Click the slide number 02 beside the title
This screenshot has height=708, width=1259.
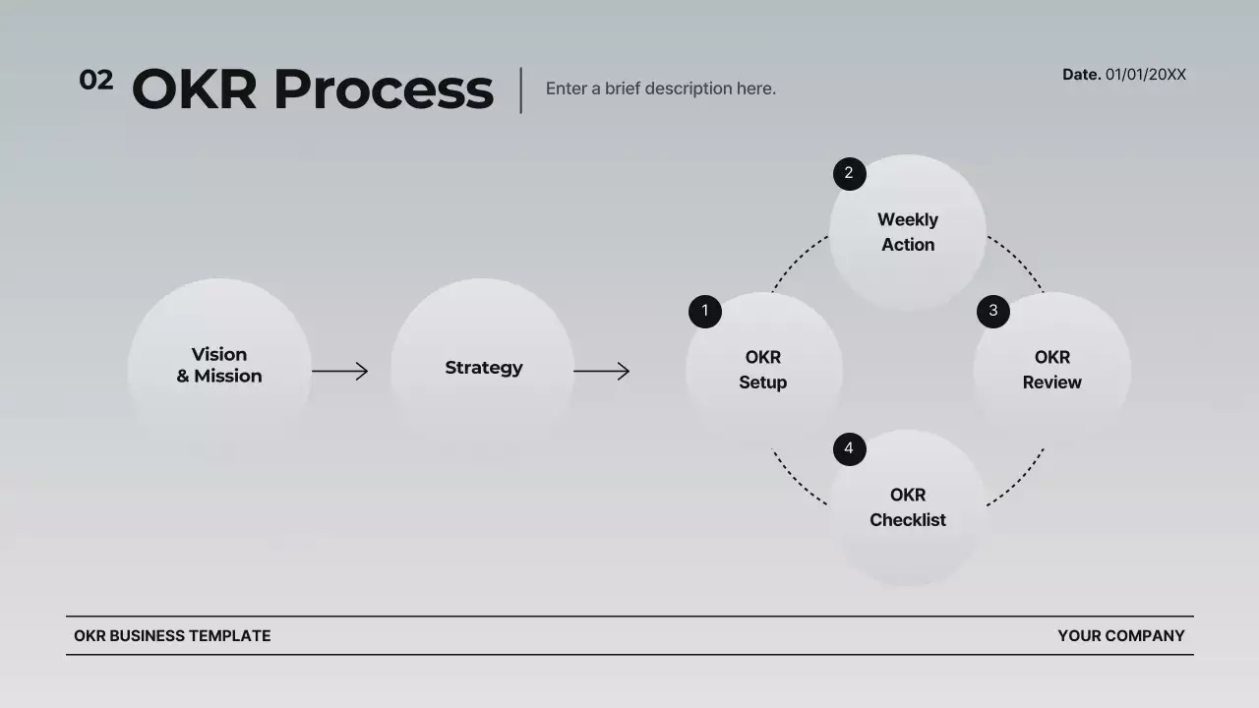coord(95,81)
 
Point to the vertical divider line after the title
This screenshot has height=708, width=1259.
coord(521,90)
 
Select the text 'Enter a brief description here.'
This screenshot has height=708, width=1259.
coord(660,88)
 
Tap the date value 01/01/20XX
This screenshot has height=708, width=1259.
coord(1146,75)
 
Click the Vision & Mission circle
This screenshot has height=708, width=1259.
coord(219,366)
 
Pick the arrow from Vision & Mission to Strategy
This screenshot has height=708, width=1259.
coord(340,371)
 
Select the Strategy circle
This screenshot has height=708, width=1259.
coord(483,368)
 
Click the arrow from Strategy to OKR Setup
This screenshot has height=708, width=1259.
coord(601,371)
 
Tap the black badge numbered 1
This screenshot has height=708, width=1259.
coord(704,312)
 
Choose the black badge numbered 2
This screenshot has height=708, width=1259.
coord(849,174)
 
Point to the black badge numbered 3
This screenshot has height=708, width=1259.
coord(992,312)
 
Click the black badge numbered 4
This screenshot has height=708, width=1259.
coord(849,449)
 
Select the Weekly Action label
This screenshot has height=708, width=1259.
coord(908,232)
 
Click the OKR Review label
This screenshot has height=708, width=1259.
coord(1051,370)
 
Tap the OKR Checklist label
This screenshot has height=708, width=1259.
coord(908,507)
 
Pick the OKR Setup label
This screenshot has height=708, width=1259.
coord(763,370)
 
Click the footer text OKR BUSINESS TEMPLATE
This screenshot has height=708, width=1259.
coord(172,636)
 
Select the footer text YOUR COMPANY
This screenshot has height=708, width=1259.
coord(1121,636)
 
